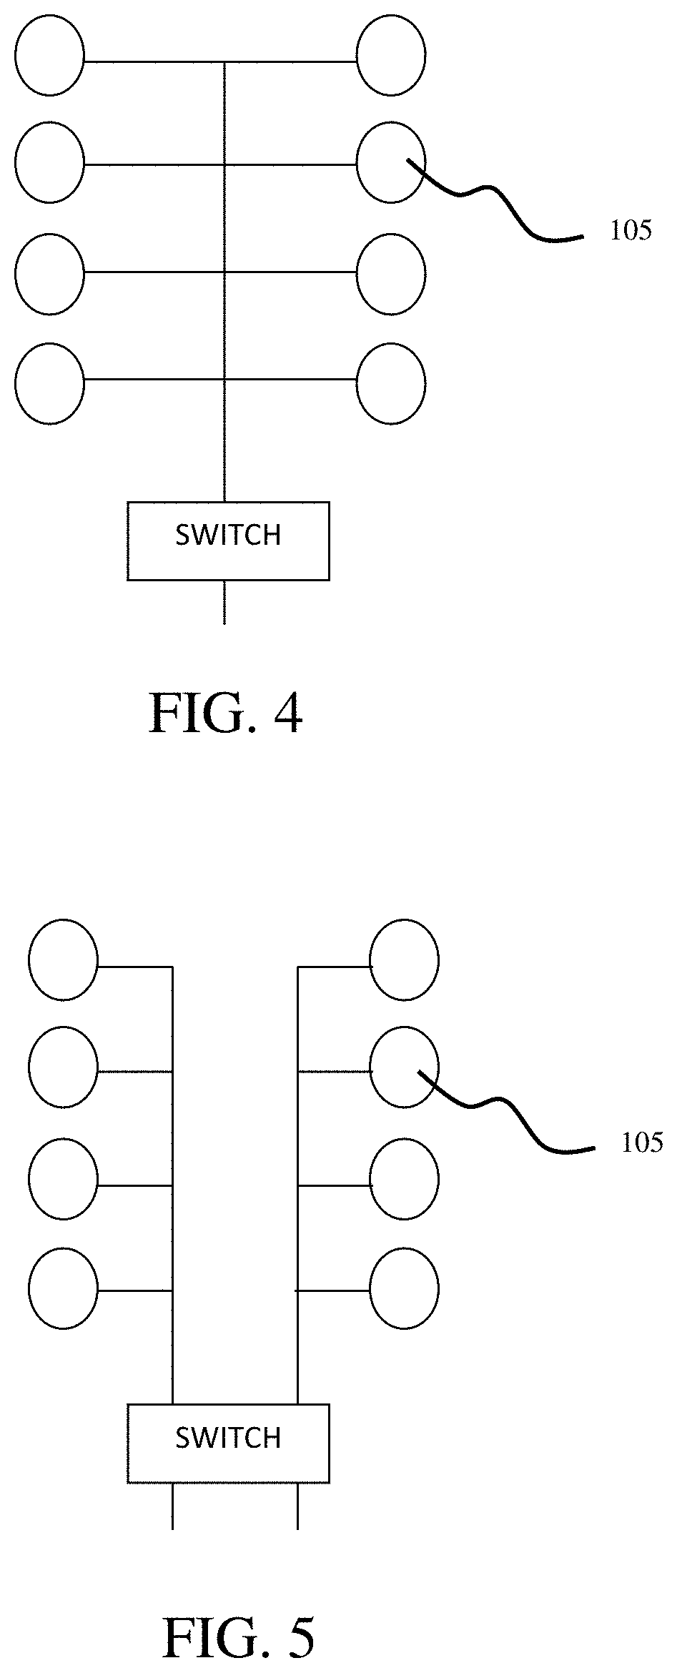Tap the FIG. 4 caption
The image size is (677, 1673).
click(225, 714)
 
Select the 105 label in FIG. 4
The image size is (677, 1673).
click(631, 231)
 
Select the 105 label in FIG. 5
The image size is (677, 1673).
click(642, 1143)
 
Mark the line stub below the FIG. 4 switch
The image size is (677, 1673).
click(224, 602)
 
